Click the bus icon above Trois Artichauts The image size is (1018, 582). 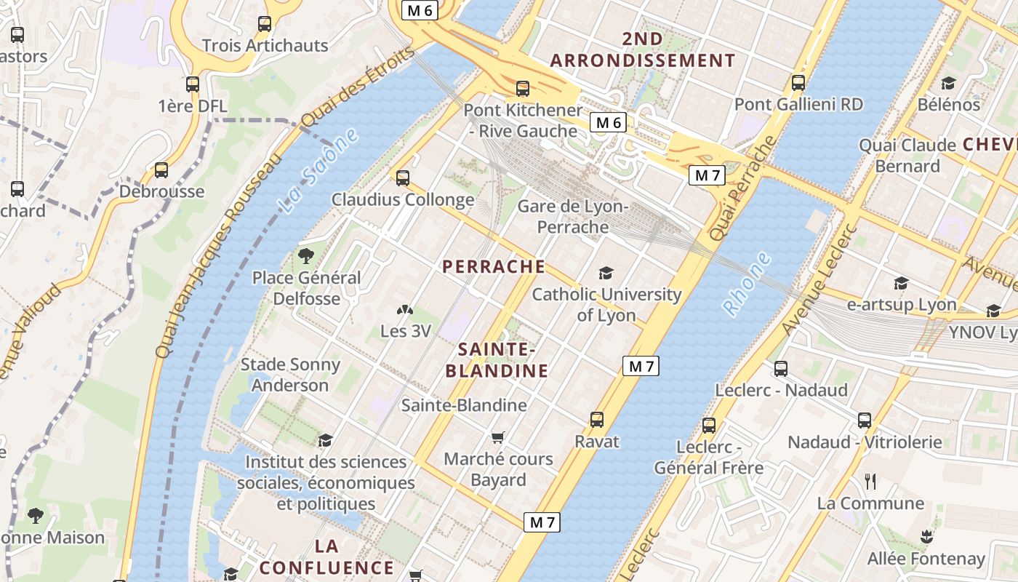point(265,24)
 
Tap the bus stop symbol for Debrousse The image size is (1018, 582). point(161,170)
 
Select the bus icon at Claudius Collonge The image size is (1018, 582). point(403,178)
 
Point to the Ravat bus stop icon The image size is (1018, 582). point(597,420)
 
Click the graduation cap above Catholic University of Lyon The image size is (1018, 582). point(606,273)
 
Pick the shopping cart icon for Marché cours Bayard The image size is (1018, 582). point(498,437)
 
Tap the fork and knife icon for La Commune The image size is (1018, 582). point(870,481)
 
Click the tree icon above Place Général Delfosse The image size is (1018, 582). point(306,255)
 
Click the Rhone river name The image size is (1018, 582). point(747,284)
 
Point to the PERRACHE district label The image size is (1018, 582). point(494,266)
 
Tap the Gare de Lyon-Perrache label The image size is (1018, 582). point(573,217)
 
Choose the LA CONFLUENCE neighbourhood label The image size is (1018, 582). point(326,557)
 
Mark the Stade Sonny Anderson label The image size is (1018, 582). point(290,375)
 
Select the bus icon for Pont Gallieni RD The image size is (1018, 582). point(798,83)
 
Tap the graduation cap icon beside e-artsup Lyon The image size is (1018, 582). point(901,283)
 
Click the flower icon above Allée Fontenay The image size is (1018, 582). point(926,537)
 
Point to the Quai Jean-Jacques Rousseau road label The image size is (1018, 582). point(217,255)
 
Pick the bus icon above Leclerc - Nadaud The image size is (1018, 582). point(781,369)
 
